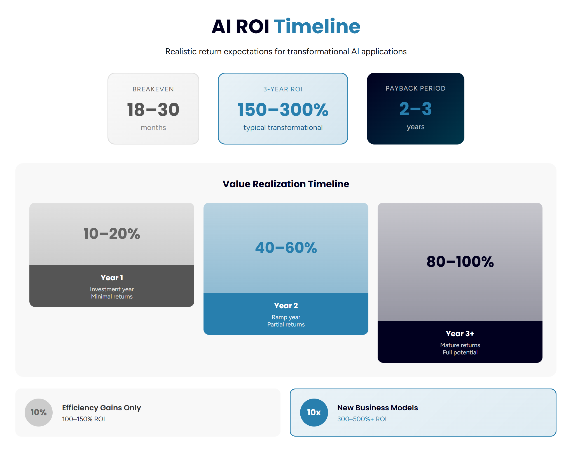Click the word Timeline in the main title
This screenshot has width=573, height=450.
click(317, 27)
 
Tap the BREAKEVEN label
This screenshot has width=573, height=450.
click(153, 89)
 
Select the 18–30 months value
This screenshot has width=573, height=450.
click(153, 110)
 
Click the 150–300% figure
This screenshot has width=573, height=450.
click(283, 110)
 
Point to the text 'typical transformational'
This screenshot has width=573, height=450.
click(283, 127)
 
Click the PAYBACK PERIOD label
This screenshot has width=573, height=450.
click(415, 88)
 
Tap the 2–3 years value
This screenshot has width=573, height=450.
click(415, 109)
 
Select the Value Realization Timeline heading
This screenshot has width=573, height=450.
click(286, 184)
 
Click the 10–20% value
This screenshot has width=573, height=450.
click(112, 234)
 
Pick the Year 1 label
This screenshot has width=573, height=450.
click(112, 278)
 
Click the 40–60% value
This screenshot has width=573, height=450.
click(286, 248)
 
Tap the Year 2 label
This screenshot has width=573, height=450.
click(286, 305)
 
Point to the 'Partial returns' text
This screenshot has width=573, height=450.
click(286, 325)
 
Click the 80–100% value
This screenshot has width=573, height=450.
click(460, 262)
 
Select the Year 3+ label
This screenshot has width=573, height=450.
click(460, 333)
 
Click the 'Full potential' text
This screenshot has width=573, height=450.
click(460, 352)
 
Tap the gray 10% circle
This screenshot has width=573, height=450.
click(39, 412)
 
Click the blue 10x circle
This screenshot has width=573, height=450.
click(314, 412)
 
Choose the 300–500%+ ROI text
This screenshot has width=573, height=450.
click(362, 419)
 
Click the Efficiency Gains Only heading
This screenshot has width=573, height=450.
click(101, 408)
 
